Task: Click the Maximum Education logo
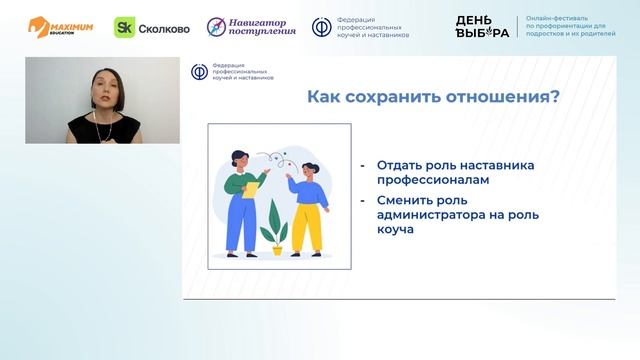61,27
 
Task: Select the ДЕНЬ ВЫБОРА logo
482,27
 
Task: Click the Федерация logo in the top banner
360,28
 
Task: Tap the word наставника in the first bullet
494,165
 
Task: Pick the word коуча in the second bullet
396,230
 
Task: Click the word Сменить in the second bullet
405,199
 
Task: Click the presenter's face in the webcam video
104,88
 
